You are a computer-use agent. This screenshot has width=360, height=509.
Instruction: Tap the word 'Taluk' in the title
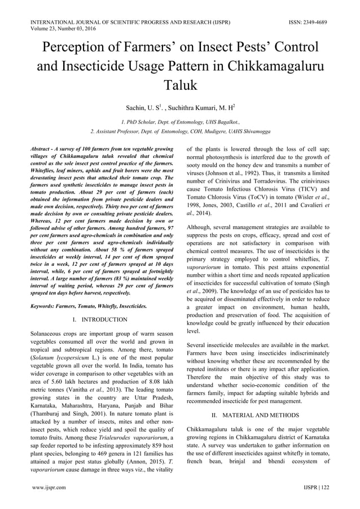(x=180, y=85)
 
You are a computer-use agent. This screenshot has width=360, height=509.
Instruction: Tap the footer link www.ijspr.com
(x=49, y=486)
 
